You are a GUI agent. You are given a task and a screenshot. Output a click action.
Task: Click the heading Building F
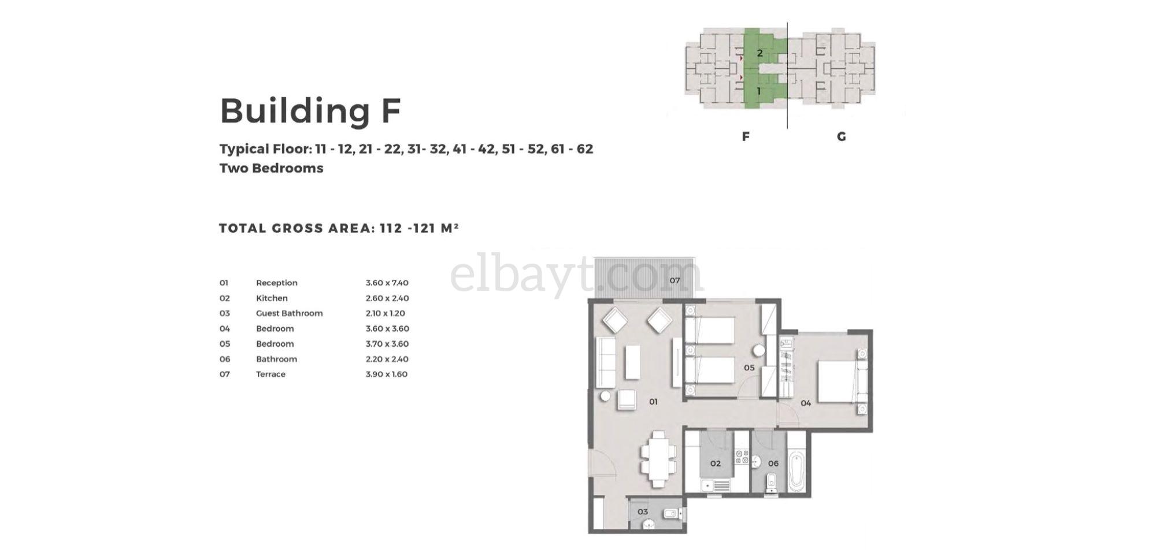tap(310, 110)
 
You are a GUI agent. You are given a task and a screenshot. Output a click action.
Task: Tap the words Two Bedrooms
tap(271, 168)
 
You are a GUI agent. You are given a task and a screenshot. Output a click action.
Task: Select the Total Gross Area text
tap(339, 228)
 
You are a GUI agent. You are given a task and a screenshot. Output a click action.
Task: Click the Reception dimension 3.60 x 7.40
tap(387, 283)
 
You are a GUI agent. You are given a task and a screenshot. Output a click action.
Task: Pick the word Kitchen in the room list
tap(272, 298)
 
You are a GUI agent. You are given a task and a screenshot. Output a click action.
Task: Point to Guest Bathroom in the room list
tap(289, 313)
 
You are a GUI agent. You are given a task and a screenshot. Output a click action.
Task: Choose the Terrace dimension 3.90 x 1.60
tap(387, 374)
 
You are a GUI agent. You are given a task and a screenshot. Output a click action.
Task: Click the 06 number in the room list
tap(225, 359)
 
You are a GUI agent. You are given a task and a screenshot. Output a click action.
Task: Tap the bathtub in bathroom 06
tap(796, 472)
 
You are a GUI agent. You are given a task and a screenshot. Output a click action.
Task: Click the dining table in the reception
tap(658, 460)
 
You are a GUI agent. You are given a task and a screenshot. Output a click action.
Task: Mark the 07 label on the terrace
tap(675, 280)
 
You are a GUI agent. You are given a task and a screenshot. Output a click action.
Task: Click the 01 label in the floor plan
tap(653, 401)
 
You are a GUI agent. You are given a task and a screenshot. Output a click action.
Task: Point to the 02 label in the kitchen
tap(716, 463)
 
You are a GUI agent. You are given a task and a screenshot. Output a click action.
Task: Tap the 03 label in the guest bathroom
tap(643, 512)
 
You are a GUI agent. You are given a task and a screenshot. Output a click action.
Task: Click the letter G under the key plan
tap(842, 136)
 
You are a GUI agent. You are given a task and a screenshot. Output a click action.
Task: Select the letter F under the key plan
tap(746, 136)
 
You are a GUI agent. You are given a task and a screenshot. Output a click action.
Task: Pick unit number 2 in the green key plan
tap(760, 53)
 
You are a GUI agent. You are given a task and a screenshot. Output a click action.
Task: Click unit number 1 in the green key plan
tap(759, 91)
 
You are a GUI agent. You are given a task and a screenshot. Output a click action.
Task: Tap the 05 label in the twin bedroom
tap(749, 368)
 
